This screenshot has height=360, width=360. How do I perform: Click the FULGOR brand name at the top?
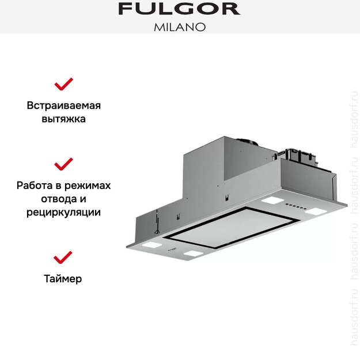pos(179,9)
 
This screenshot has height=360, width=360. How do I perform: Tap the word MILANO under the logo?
pos(179,26)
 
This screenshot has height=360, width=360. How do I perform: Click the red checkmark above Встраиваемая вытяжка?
pos(63,85)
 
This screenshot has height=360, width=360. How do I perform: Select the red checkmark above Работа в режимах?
pos(63,164)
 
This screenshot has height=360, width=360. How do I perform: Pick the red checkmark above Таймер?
pos(63,257)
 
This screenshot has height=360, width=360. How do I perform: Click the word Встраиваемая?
pos(63,106)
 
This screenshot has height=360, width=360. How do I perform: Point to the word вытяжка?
pos(63,120)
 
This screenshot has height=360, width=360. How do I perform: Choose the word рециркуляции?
pos(63,213)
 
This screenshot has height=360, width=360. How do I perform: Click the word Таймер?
pos(63,279)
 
